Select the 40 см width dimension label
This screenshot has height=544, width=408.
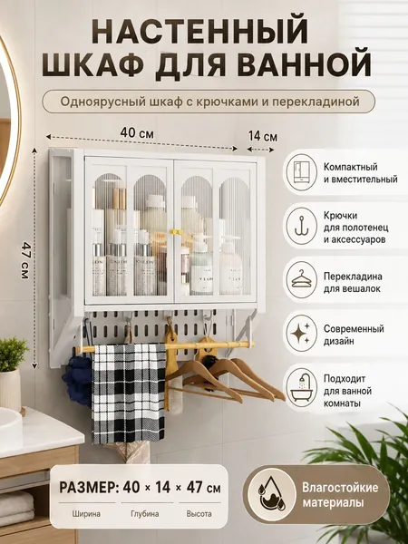[137, 133]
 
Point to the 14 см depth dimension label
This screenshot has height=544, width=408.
[263, 136]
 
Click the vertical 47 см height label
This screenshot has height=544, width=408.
[25, 260]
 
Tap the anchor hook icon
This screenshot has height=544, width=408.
[302, 226]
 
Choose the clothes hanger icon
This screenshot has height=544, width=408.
[302, 279]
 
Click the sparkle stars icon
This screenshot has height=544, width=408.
[300, 333]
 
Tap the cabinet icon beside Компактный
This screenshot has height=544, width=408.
[302, 172]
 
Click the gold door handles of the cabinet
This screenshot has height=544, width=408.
[175, 231]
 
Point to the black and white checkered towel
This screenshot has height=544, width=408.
[129, 393]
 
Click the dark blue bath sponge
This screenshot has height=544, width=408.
[77, 381]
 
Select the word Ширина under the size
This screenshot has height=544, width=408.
[86, 514]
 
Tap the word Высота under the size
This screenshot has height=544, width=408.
[199, 514]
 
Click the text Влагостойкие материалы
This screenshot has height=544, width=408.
[340, 495]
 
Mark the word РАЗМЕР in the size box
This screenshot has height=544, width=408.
[89, 488]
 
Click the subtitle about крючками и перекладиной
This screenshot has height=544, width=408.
[210, 102]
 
